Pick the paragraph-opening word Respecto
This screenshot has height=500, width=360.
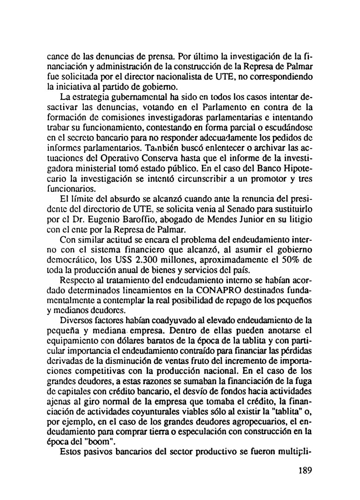point(79,281)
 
